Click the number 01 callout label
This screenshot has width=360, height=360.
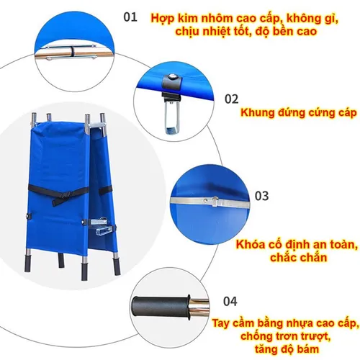click(x=130, y=15)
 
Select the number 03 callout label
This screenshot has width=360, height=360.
click(x=261, y=195)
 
